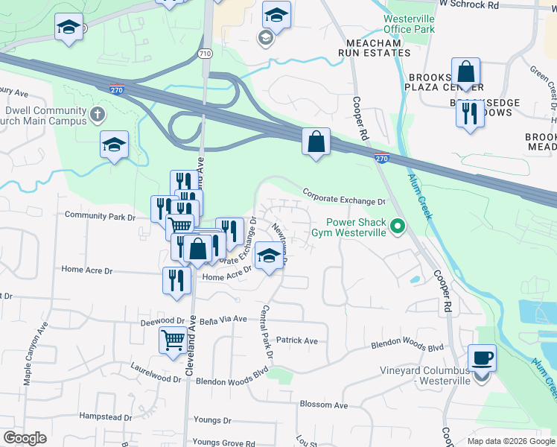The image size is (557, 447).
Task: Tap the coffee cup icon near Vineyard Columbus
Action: coord(482,358)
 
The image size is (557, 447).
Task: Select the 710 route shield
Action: coord(206,54)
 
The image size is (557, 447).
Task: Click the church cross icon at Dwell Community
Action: coord(97,115)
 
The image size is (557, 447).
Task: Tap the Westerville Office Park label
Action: coord(409,24)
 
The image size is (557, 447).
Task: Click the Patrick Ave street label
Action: coord(296,340)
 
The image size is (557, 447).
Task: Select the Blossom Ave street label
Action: coord(324,405)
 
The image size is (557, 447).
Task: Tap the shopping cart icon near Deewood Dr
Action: coord(173,340)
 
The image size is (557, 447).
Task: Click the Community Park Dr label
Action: coord(100,216)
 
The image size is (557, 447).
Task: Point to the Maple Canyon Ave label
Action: coord(37,353)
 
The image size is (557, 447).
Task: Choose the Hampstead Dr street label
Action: coord(105,416)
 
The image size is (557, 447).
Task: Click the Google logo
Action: coord(24,438)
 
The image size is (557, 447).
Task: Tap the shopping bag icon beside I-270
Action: coord(316,141)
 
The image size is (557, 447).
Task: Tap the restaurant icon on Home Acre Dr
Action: coord(176,280)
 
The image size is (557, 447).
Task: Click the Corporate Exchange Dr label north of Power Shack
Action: coord(343,197)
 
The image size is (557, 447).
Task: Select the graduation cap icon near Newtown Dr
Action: coord(269,256)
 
